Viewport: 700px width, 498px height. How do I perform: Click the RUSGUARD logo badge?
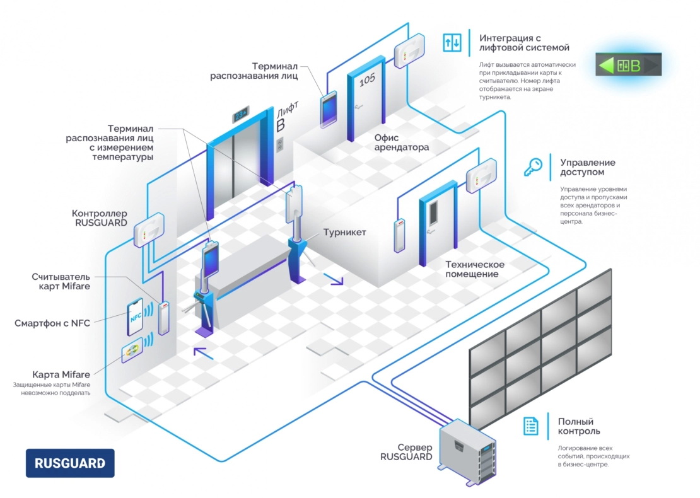[x=70, y=463]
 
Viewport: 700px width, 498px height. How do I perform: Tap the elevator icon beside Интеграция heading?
[x=452, y=42]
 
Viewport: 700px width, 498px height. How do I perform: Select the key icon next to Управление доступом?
[x=533, y=167]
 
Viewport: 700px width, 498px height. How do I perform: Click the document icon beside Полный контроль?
[x=531, y=426]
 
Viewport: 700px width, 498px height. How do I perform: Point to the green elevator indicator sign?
[x=628, y=65]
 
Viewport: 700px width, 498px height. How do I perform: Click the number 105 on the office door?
[x=366, y=79]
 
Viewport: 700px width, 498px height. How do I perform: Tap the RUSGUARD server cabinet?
[x=467, y=449]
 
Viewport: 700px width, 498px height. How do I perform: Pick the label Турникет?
[x=345, y=232]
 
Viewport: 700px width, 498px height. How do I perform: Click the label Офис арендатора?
[x=402, y=142]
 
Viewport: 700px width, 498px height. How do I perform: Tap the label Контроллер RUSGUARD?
[x=99, y=218]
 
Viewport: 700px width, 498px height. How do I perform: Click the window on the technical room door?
[x=433, y=212]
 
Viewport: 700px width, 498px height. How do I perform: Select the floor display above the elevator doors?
[x=241, y=116]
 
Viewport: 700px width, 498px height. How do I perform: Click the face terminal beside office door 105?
[x=329, y=110]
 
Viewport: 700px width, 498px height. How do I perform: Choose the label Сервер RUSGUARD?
[x=406, y=451]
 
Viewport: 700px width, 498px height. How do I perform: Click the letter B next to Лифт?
[x=281, y=124]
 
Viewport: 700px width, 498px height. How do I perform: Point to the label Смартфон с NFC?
[x=52, y=323]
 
